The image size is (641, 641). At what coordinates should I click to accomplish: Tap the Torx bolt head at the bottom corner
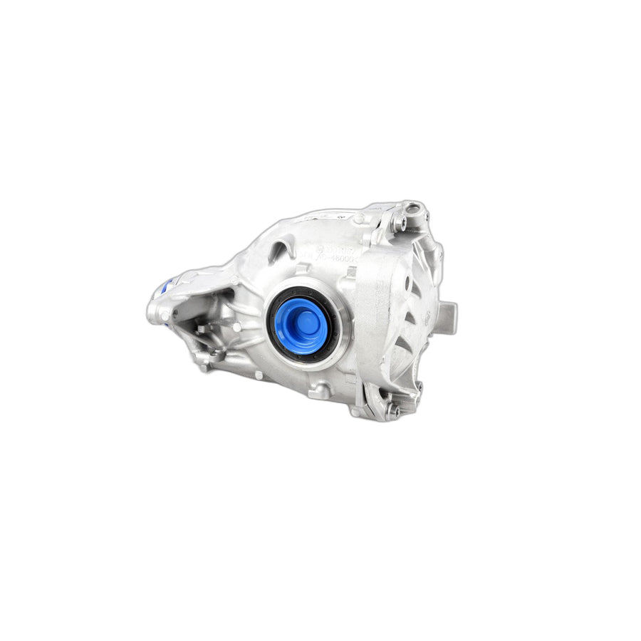392,411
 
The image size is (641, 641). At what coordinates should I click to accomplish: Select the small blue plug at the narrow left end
163,288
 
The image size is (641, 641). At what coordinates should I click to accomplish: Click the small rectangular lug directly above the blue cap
303,269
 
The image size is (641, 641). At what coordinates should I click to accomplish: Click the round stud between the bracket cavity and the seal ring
236,326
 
